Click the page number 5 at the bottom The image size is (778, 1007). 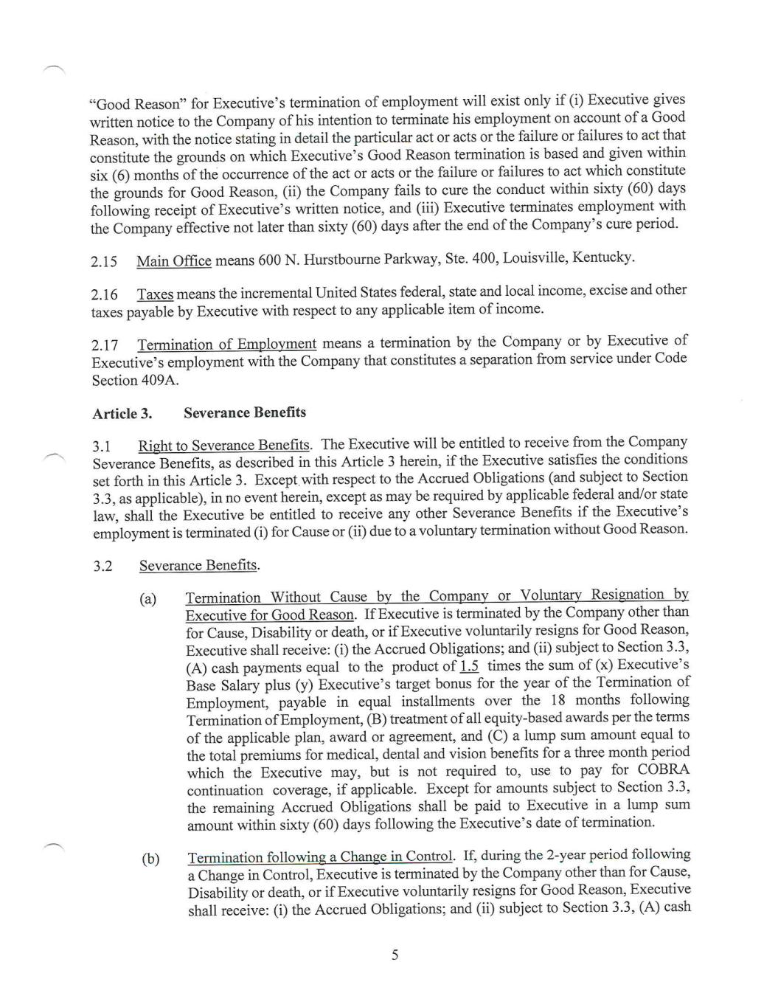coord(395,955)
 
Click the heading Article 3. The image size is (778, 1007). coord(122,414)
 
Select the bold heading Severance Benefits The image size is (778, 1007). coord(245,412)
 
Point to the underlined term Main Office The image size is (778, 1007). coord(173,261)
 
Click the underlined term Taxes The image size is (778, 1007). coord(155,294)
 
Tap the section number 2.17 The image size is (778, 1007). coord(105,345)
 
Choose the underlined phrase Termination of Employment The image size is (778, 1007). coord(226,344)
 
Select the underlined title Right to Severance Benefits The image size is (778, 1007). coord(223,446)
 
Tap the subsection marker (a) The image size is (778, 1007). coord(147,599)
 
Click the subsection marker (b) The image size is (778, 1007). coord(150,859)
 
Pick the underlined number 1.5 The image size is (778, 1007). coord(469,666)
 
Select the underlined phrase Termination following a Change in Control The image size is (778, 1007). coord(319,857)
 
